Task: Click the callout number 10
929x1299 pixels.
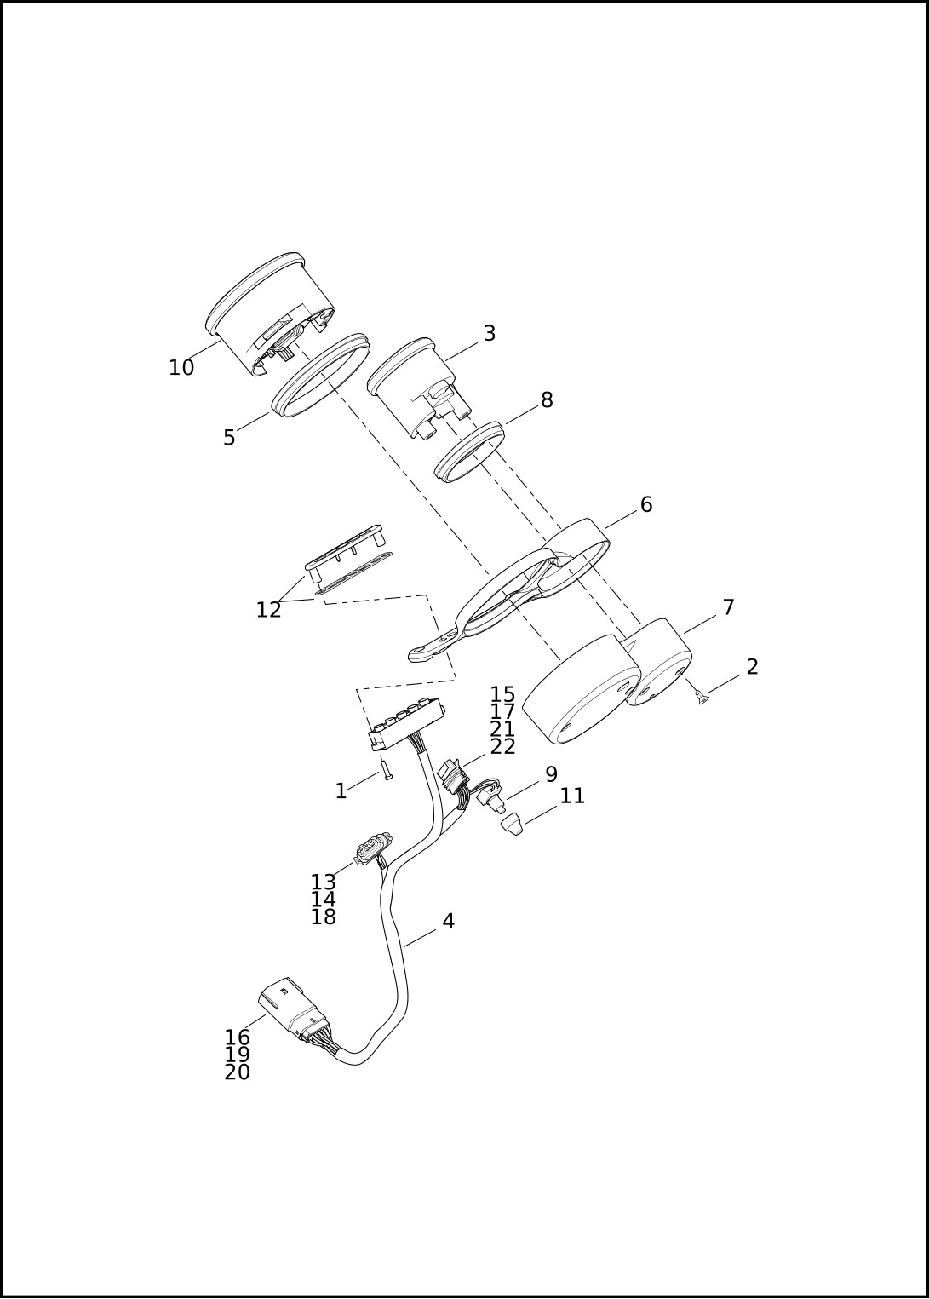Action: point(181,368)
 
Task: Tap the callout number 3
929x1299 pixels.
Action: point(490,333)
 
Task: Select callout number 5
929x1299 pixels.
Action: point(230,438)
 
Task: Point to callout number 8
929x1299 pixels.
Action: point(547,400)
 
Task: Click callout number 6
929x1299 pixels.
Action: point(646,505)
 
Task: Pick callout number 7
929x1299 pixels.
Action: point(729,607)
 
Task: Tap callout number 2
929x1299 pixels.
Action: point(752,667)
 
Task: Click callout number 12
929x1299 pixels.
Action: point(268,610)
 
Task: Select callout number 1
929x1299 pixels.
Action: point(341,791)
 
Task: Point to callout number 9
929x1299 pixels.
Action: point(551,774)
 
